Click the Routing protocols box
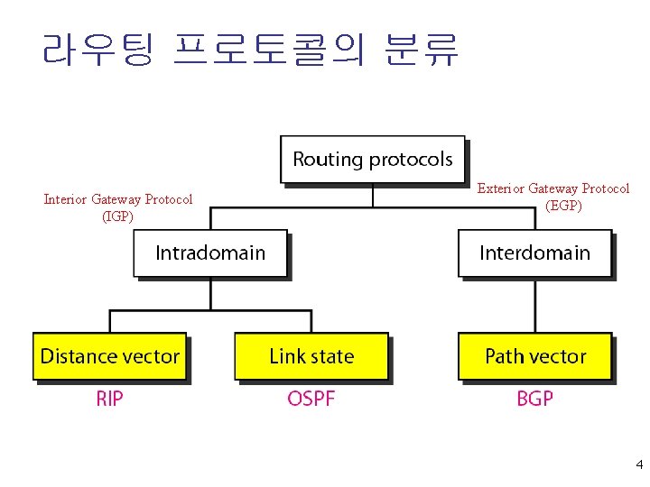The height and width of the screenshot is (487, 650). click(373, 160)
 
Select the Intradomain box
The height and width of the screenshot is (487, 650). click(210, 253)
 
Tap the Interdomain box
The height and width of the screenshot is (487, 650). click(534, 253)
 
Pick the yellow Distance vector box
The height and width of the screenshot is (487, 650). click(110, 356)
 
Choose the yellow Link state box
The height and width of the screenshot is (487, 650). click(311, 356)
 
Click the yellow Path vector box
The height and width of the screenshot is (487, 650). click(535, 356)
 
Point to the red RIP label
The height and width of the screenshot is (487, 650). click(109, 399)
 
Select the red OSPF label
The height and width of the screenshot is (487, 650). click(311, 399)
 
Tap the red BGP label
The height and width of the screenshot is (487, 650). click(535, 399)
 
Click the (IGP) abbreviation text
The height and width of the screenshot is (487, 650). click(118, 216)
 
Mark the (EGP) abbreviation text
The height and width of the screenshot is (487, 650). click(564, 205)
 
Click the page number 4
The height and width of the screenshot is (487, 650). click(639, 465)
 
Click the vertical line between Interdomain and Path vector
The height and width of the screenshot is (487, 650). click(534, 306)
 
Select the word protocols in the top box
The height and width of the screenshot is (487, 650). click(410, 160)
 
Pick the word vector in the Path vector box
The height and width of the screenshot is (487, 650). click(558, 356)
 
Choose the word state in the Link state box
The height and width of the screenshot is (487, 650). click(333, 356)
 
